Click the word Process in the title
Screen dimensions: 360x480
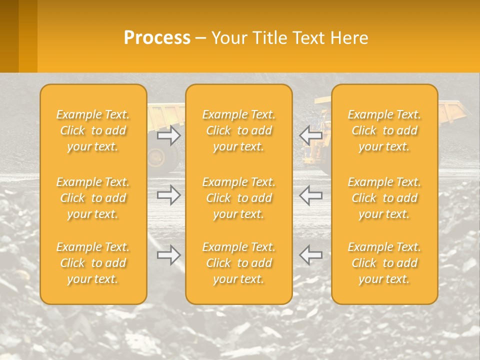point(157,38)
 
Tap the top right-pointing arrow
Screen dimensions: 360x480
point(169,135)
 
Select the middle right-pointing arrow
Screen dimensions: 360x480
point(169,195)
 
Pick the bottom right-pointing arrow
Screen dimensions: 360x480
point(169,255)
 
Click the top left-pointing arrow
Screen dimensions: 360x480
point(310,135)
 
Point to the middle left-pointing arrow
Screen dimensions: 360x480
point(310,195)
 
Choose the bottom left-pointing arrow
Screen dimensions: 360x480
point(310,255)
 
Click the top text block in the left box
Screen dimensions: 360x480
point(93,130)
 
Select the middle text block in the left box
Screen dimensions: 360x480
point(93,198)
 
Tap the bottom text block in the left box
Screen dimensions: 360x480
point(93,263)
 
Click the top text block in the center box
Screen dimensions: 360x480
point(239,130)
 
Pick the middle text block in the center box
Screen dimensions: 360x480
point(239,198)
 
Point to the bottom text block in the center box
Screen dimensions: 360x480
point(239,263)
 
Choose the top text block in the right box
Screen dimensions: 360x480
point(384,130)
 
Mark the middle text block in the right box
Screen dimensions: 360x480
point(384,198)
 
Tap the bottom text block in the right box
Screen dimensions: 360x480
point(384,263)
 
